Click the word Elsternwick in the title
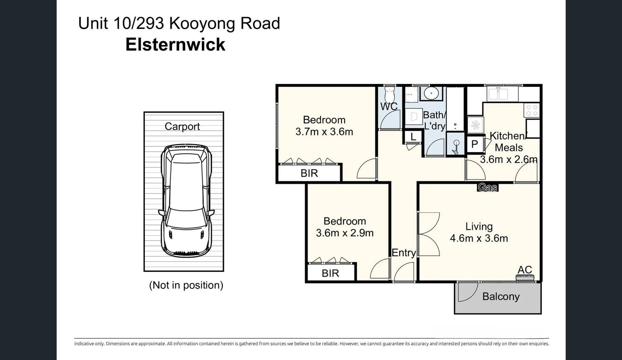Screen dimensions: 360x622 175,45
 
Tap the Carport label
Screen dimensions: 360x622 182,127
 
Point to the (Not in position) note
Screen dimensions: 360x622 186,285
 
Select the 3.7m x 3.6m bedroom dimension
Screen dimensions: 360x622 324,132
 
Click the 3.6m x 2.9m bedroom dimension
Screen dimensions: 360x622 345,233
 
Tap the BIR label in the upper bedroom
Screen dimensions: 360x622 309,173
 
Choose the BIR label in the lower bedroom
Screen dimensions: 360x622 330,273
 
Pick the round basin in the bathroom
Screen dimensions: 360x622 431,93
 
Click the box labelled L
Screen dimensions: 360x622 413,137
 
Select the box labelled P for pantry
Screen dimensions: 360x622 475,144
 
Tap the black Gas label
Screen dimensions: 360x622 488,188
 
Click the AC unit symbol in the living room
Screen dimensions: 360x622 525,277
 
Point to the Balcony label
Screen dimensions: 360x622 501,297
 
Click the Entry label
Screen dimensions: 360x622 404,253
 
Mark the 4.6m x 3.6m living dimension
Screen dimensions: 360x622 479,238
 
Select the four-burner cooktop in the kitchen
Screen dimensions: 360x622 532,110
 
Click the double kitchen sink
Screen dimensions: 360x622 498,94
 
